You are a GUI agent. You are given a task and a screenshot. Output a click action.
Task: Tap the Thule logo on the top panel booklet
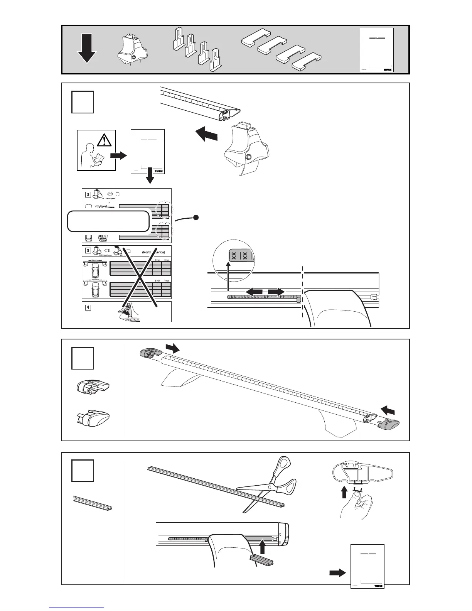[387, 70]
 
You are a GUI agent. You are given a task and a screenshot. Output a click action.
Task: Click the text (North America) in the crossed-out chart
[153, 252]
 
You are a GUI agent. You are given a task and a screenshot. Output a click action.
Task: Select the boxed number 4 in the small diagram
[88, 307]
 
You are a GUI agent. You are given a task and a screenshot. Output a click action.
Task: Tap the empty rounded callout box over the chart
[108, 221]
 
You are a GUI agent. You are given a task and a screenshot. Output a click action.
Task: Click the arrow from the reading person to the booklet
[118, 155]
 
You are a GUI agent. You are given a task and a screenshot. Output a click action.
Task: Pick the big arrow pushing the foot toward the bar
[206, 135]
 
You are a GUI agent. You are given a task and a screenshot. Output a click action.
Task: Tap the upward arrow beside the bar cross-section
[345, 492]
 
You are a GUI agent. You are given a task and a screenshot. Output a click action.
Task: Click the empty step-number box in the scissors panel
[83, 471]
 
